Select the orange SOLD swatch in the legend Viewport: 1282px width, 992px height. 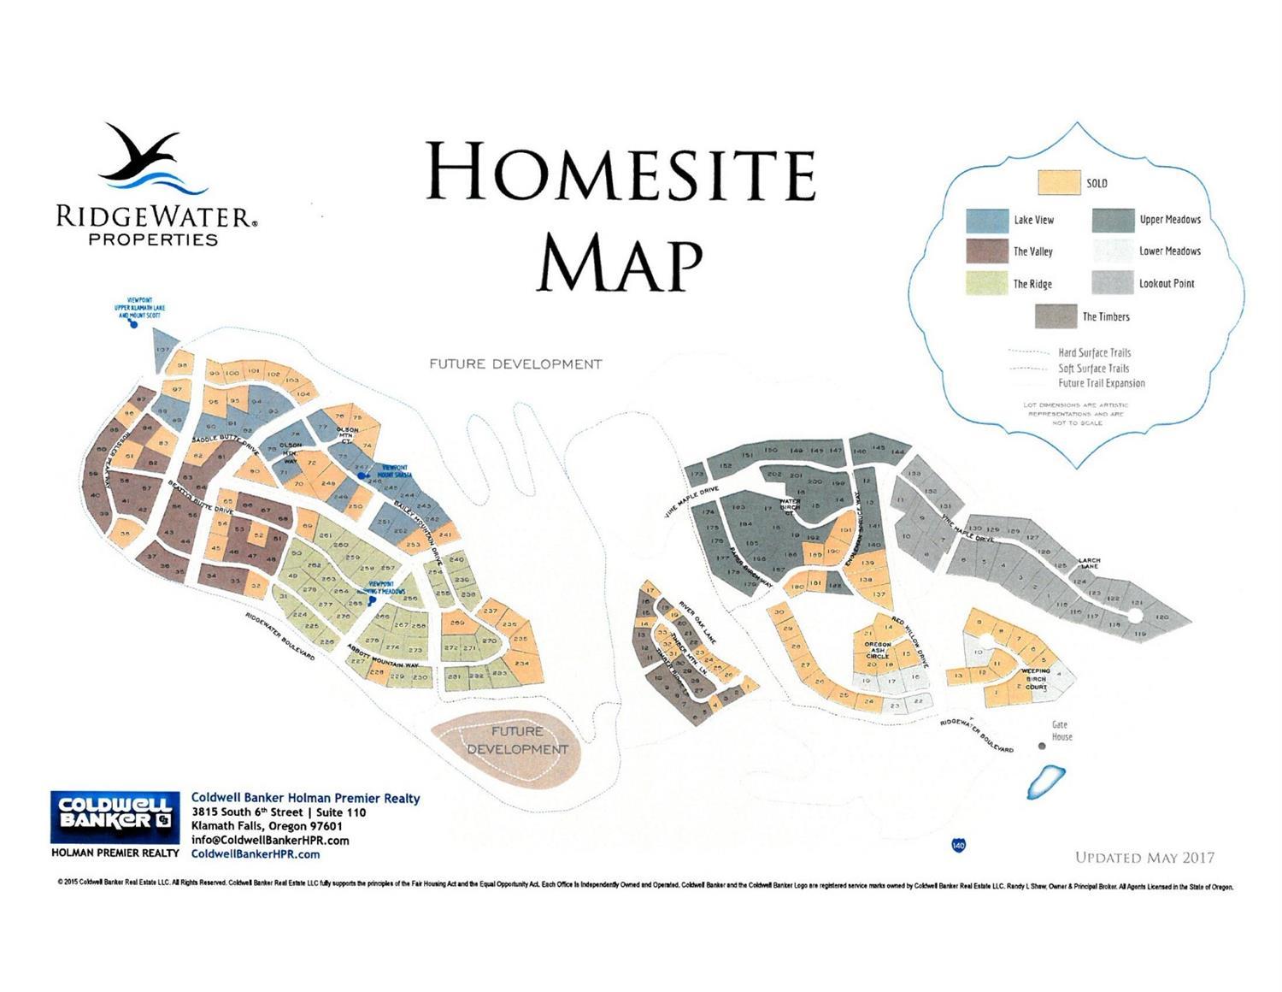(1058, 183)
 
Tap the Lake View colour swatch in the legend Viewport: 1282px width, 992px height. (987, 220)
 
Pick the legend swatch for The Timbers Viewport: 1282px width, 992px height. (1056, 316)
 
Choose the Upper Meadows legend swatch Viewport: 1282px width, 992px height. (1113, 220)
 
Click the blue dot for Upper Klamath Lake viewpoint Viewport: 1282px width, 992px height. (133, 324)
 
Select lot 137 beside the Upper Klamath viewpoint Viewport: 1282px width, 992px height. (162, 349)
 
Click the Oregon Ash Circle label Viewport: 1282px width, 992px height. (878, 650)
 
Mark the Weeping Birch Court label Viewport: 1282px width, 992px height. (1036, 679)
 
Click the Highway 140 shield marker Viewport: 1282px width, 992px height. (959, 845)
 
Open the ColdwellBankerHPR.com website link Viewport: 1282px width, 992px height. (256, 853)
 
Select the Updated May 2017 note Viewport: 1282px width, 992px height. (1144, 857)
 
